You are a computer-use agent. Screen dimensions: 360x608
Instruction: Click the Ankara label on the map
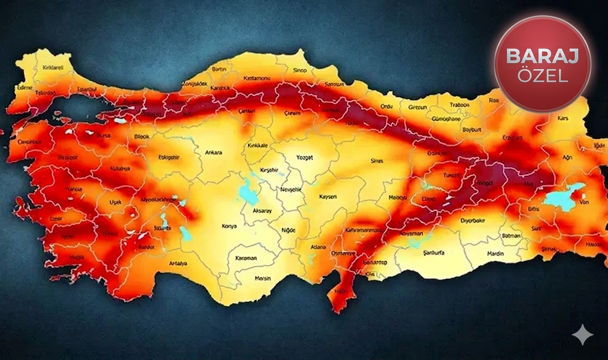pyautogui.click(x=214, y=152)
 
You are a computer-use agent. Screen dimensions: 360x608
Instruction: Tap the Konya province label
pyautogui.click(x=229, y=226)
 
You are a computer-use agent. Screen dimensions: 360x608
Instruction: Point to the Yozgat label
pyautogui.click(x=304, y=157)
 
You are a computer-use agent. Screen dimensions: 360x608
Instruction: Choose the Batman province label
pyautogui.click(x=511, y=236)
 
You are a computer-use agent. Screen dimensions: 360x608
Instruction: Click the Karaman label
pyautogui.click(x=246, y=258)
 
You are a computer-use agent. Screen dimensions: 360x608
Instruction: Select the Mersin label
pyautogui.click(x=263, y=278)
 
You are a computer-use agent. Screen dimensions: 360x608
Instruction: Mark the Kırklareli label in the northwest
pyautogui.click(x=53, y=67)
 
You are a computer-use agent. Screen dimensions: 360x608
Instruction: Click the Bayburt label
pyautogui.click(x=472, y=129)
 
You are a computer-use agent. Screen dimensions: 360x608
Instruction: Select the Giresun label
pyautogui.click(x=418, y=107)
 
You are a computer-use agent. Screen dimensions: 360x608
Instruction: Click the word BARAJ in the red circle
pyautogui.click(x=542, y=56)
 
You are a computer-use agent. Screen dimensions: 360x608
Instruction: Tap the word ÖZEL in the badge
pyautogui.click(x=542, y=76)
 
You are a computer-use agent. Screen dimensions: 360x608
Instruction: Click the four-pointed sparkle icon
pyautogui.click(x=582, y=335)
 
